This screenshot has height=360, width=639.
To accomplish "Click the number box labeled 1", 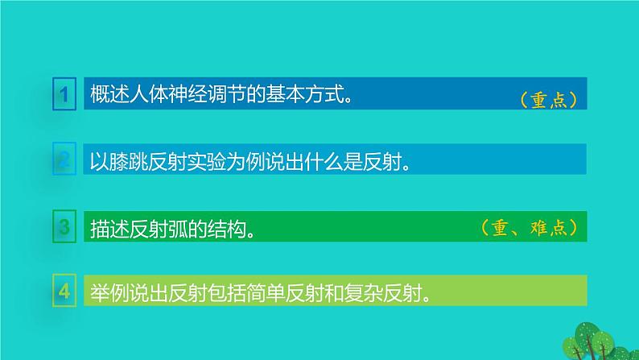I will [62, 95].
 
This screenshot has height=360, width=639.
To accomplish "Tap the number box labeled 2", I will [62, 161].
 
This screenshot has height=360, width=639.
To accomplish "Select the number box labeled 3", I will [62, 227].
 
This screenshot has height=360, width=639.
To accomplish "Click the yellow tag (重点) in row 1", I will [550, 100].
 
